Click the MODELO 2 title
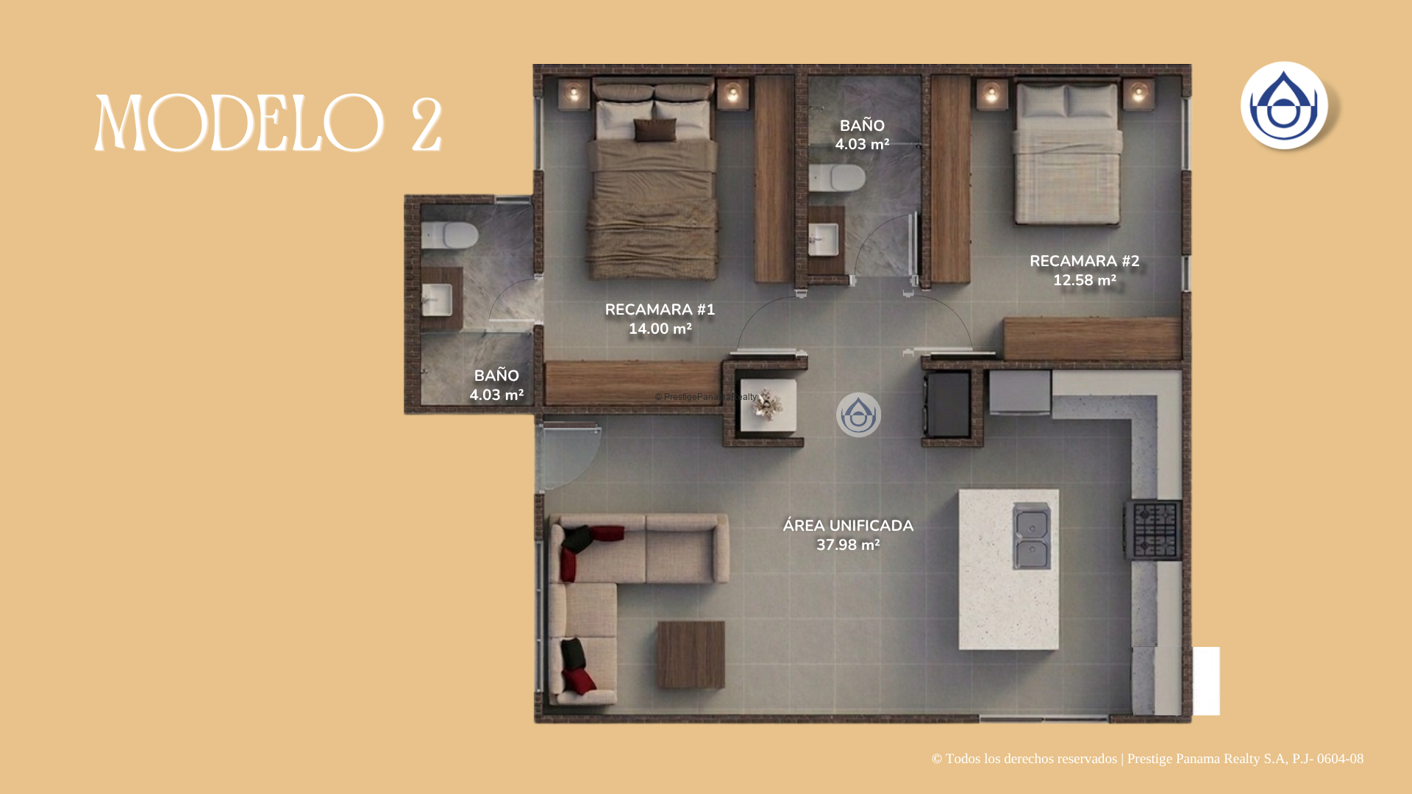pos(268,123)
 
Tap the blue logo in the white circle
pos(1284,105)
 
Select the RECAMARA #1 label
pos(660,310)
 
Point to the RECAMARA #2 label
pos(1084,262)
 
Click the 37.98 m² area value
pos(848,546)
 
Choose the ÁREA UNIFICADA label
pos(848,526)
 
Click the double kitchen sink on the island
pos(1031,536)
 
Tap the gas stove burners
pos(1154,530)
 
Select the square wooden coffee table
pos(691,654)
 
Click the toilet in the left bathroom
pos(449,235)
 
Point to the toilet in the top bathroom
pos(837,178)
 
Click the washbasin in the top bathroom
pos(824,240)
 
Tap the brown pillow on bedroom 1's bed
pos(655,130)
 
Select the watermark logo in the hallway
pos(858,415)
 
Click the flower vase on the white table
pos(767,404)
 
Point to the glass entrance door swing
pos(567,456)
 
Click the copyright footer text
pos(1147,759)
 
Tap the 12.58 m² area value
pos(1084,281)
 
